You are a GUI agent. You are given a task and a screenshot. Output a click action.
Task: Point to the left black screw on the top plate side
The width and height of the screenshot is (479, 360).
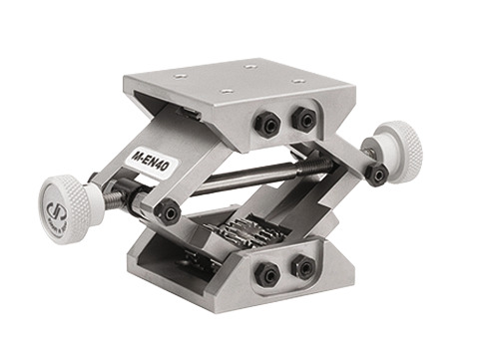click(x=267, y=125)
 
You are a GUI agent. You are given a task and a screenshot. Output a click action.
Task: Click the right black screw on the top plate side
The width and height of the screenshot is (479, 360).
click(x=301, y=119)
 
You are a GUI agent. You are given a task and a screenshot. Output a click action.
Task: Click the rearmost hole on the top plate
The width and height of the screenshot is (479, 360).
click(x=248, y=66)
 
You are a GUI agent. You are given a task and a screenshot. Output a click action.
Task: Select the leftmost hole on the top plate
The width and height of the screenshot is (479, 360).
click(x=180, y=75)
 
